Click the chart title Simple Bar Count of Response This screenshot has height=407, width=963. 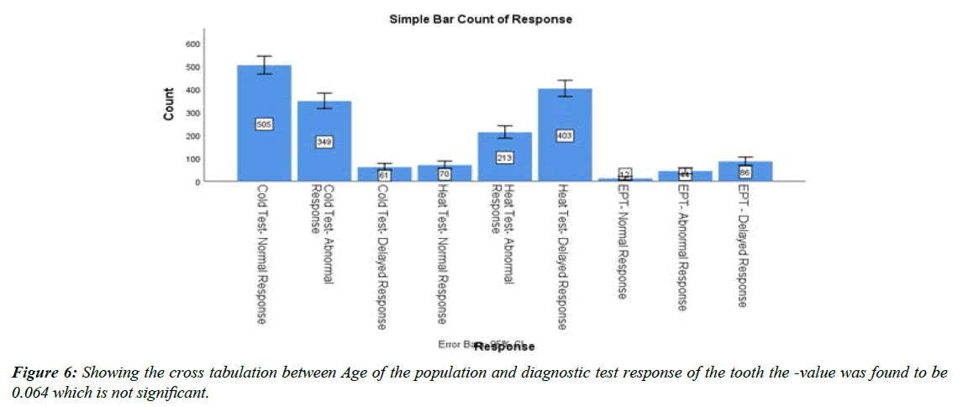click(x=480, y=18)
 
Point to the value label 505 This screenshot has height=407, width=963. click(x=264, y=124)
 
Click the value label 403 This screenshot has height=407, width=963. click(x=565, y=135)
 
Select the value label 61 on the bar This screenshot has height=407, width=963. click(x=384, y=174)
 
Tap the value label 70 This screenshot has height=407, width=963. click(x=445, y=173)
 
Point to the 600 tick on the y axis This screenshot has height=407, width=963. click(x=192, y=44)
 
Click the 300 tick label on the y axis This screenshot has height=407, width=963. click(x=192, y=113)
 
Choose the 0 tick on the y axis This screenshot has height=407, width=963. click(x=197, y=182)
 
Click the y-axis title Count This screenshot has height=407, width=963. click(x=169, y=104)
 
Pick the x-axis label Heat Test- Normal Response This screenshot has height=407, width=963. click(x=444, y=255)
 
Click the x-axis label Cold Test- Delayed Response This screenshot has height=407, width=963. click(x=383, y=257)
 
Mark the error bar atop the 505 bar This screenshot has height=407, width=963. click(x=264, y=65)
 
